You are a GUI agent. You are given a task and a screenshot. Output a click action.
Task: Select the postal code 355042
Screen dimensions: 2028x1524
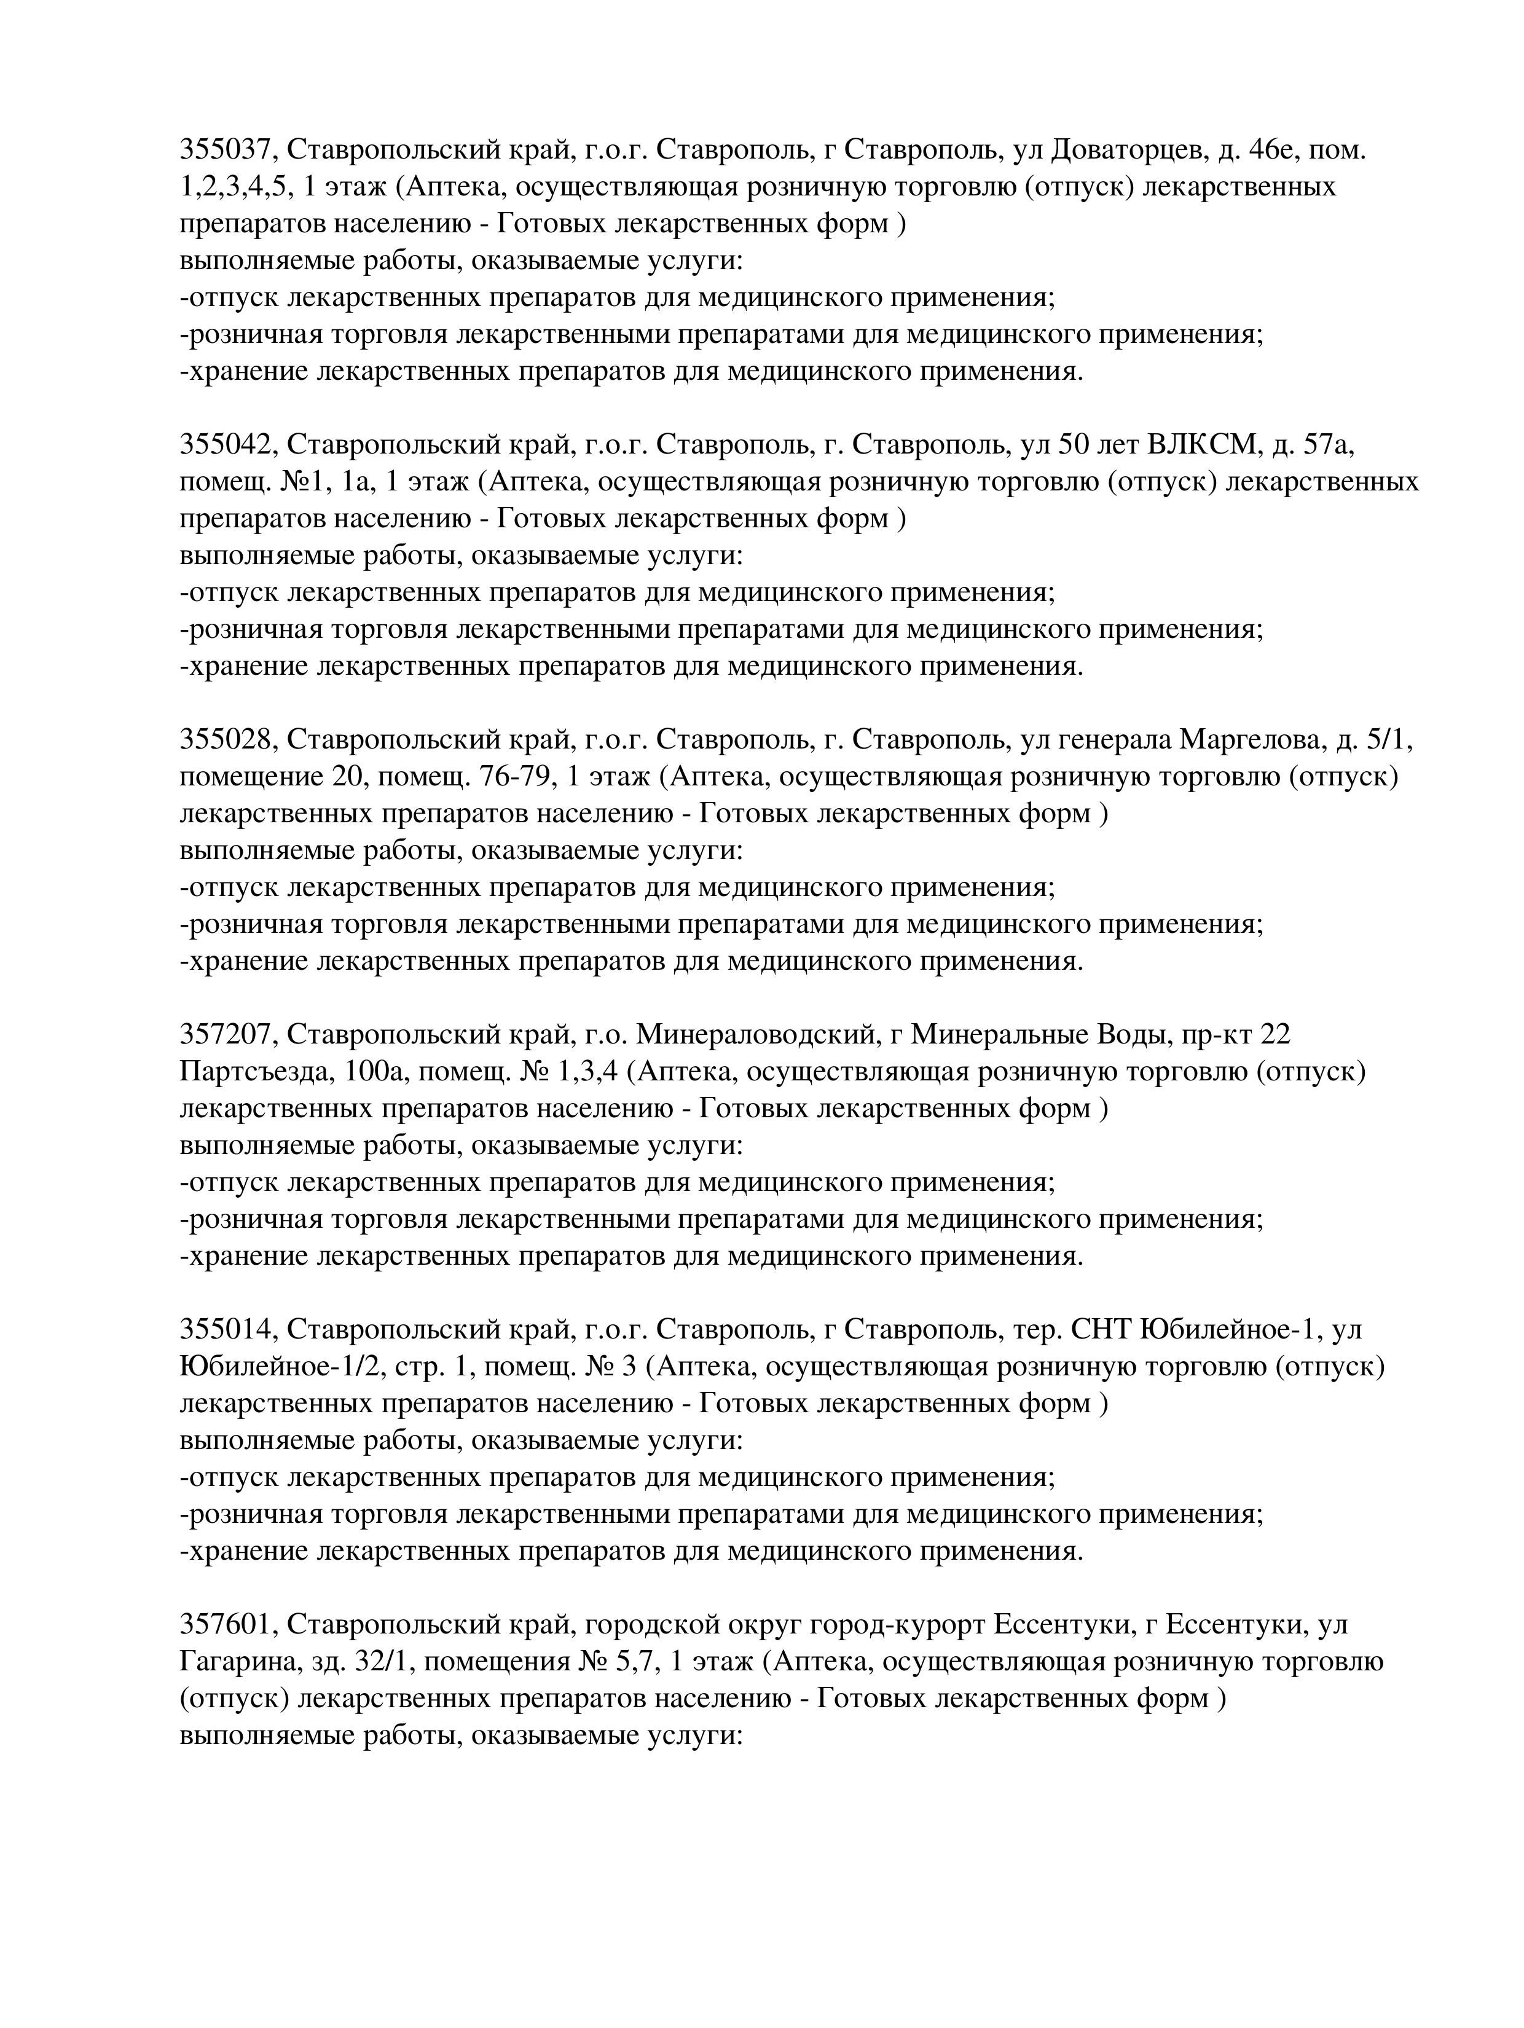click(227, 445)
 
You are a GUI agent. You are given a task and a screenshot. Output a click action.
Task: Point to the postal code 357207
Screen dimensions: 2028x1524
click(227, 1034)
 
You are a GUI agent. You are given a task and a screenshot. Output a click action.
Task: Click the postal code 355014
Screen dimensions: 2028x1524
click(227, 1329)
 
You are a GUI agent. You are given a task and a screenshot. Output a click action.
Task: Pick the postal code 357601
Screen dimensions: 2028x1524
click(227, 1625)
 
